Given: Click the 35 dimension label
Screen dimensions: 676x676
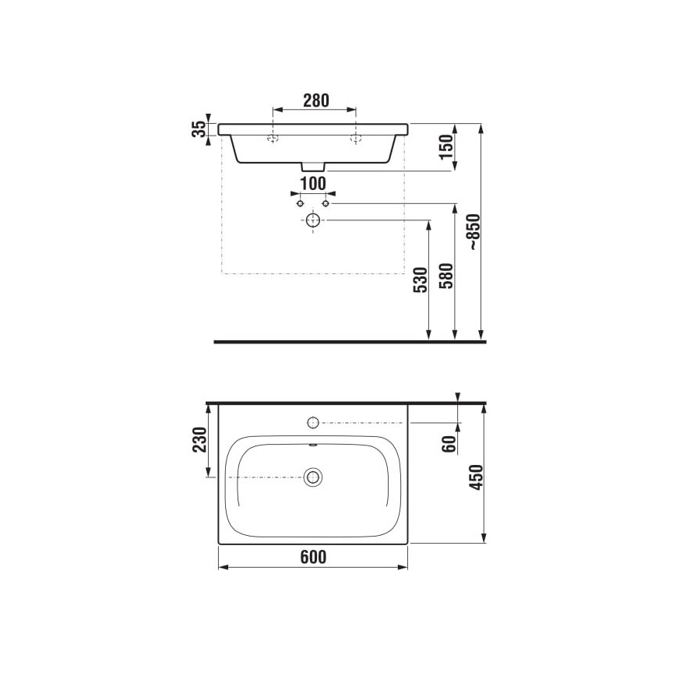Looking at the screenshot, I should [200, 129].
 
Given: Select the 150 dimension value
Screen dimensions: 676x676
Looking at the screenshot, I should [445, 147].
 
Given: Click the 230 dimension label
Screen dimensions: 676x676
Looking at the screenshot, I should [199, 441].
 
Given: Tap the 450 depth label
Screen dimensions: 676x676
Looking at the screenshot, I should [477, 476].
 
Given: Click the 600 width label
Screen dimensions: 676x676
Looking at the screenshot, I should [312, 557].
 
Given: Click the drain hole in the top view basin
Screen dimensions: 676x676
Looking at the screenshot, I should [313, 477].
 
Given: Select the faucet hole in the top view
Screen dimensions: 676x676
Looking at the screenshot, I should [313, 423].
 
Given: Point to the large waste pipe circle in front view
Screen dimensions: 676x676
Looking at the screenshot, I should [313, 220].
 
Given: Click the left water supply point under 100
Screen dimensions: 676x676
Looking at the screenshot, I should [300, 202].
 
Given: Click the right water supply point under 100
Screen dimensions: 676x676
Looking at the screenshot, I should [326, 202].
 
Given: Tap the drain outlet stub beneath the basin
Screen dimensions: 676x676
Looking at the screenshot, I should [313, 167].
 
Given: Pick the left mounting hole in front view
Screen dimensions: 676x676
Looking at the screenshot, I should [272, 139].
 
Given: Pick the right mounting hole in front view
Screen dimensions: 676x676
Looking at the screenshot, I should [356, 139].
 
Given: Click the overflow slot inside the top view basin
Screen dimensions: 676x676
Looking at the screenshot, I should [313, 446].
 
